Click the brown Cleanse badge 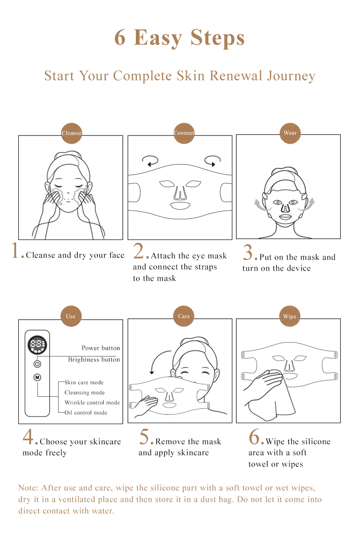72,133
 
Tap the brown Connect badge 184,133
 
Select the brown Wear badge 290,133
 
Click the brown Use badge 71,316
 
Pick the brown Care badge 183,316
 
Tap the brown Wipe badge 290,316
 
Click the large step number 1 15,250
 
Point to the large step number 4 28,437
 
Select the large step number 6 254,437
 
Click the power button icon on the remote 37,364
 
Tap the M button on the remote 37,377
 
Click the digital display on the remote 37,345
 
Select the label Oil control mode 85,413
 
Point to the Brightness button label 94,359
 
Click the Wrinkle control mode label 92,403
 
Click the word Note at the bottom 28,488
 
